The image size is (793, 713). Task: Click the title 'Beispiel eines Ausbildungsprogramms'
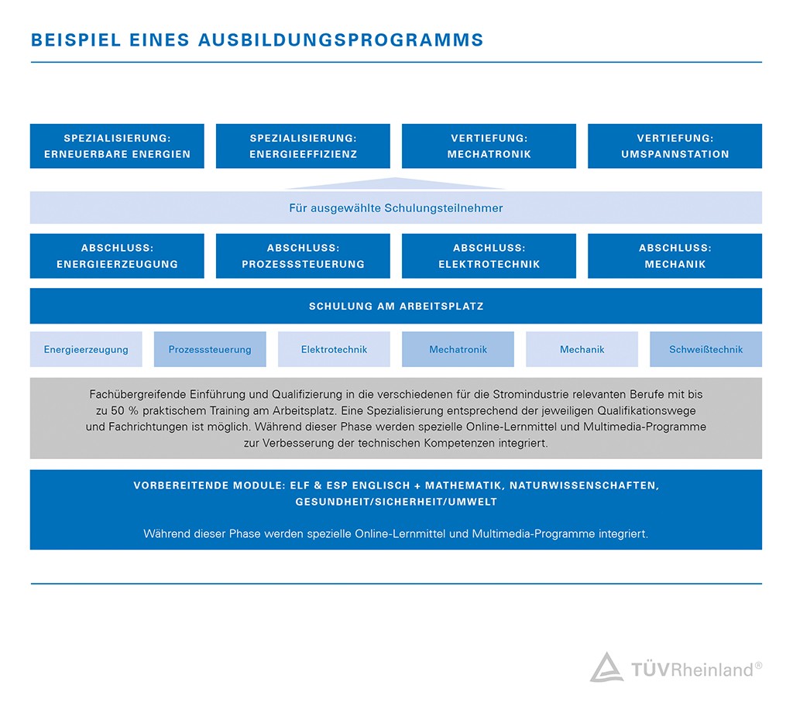point(257,40)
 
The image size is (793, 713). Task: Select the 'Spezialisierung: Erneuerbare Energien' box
point(117,146)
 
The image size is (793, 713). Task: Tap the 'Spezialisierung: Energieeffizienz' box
point(303,146)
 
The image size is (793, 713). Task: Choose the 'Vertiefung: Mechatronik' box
point(489,146)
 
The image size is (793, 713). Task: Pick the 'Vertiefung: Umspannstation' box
point(675,146)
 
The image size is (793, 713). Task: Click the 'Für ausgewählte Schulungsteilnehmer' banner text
point(396,208)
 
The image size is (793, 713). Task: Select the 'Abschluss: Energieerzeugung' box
point(117,256)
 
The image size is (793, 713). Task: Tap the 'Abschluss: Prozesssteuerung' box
point(303,256)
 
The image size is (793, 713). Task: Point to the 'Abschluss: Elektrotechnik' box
point(489,256)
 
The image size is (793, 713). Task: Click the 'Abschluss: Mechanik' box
point(675,256)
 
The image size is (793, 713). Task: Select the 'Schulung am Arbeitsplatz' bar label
point(396,307)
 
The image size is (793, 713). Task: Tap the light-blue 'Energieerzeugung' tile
point(86,349)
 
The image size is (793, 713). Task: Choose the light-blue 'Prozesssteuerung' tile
point(210,349)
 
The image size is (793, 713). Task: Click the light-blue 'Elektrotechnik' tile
point(334,349)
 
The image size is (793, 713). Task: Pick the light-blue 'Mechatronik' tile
point(458,349)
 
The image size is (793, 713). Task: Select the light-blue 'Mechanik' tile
point(582,349)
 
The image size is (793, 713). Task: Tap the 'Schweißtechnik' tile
point(705,349)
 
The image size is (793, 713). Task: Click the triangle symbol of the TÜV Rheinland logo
point(606,668)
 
